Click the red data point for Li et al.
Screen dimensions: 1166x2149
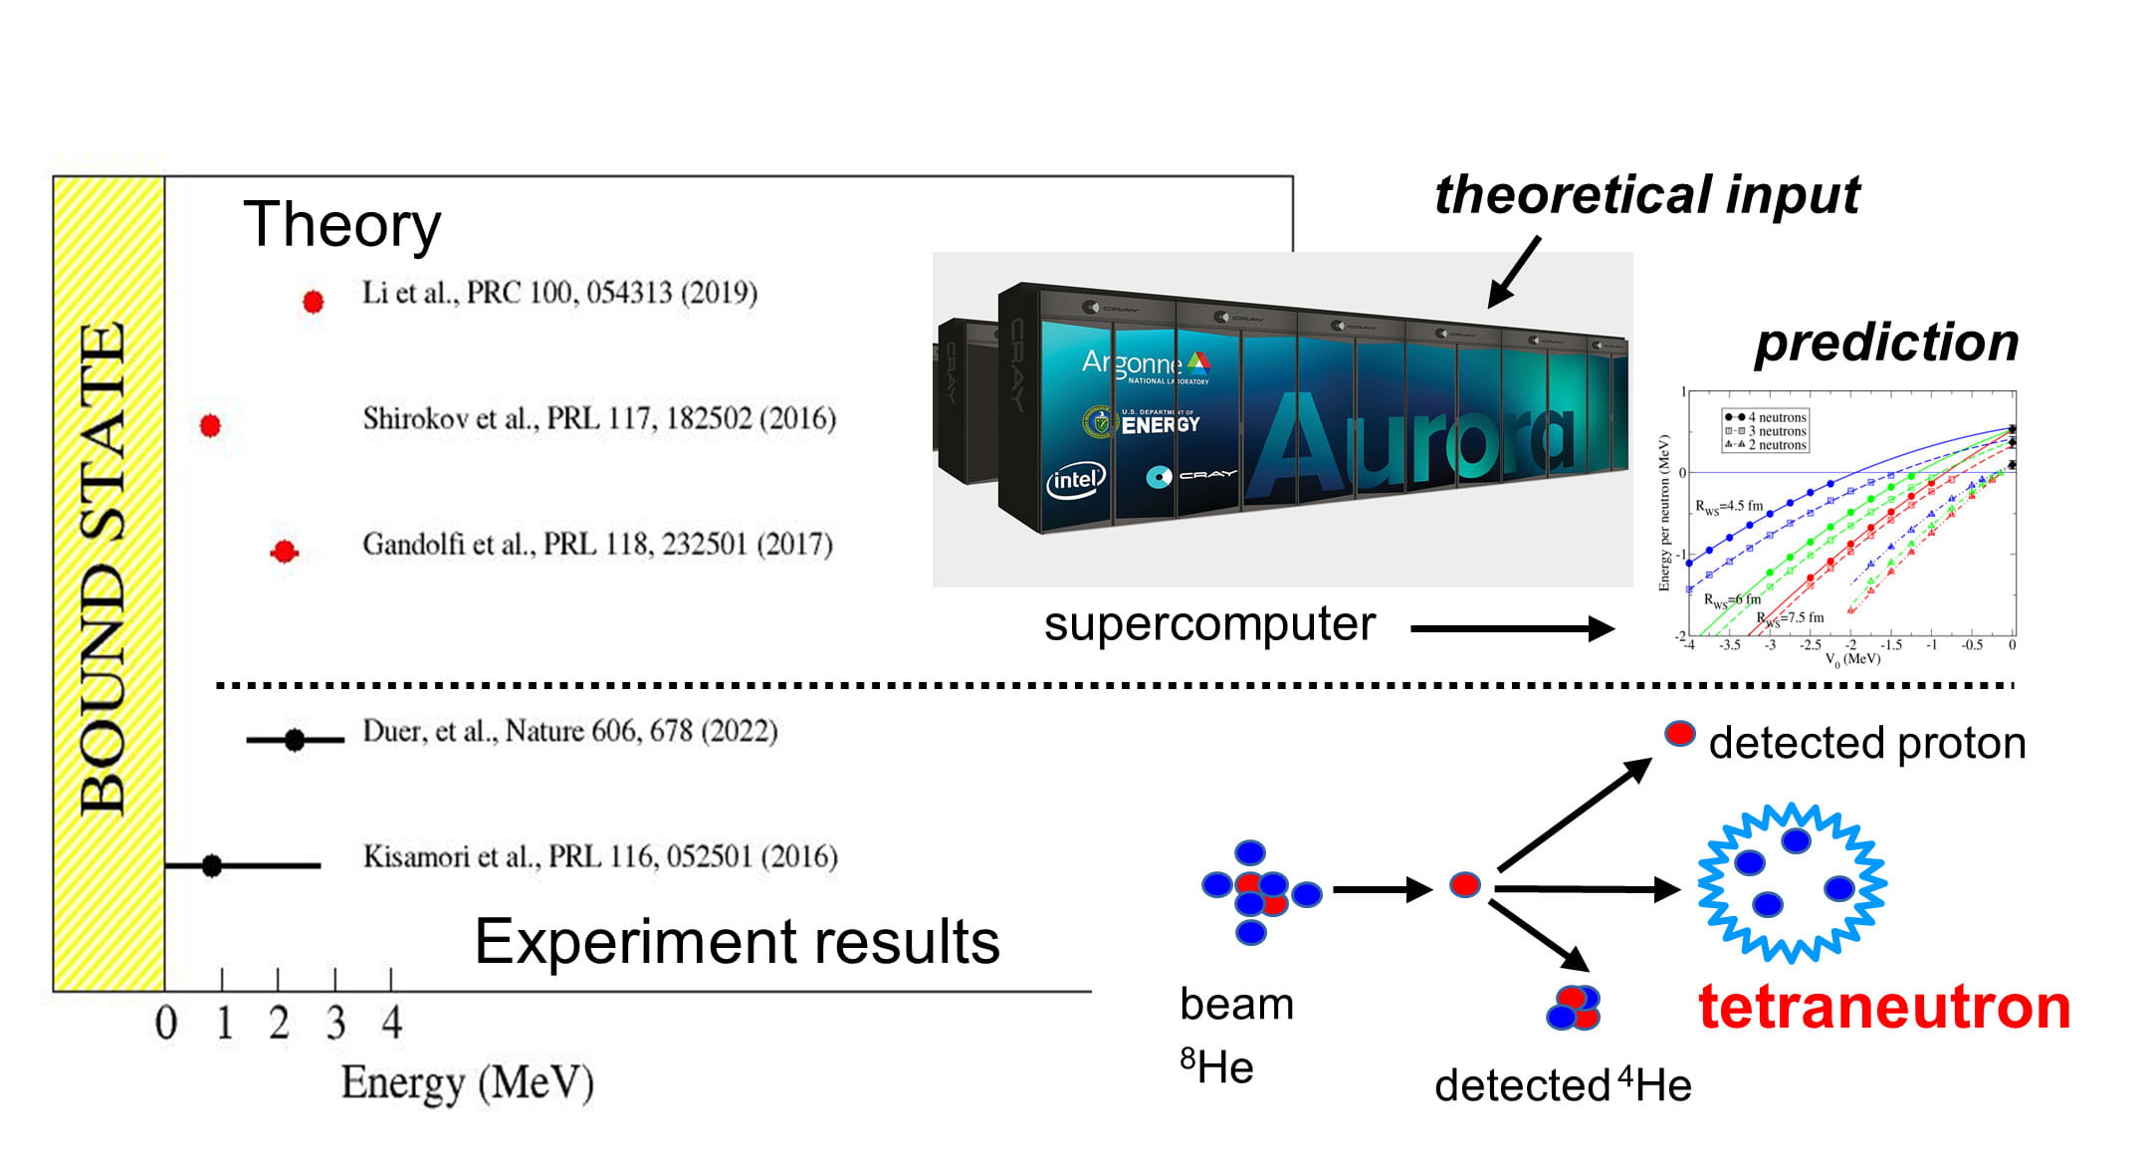(313, 301)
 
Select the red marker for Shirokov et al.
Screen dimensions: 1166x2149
(210, 425)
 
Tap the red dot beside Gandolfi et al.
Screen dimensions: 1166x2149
(285, 551)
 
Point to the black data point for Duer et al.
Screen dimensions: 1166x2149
(295, 740)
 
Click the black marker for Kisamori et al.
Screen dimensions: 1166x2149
(212, 865)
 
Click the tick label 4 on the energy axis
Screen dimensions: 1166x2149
(392, 1023)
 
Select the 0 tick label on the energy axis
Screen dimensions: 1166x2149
(166, 1023)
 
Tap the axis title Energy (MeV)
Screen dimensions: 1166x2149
(467, 1083)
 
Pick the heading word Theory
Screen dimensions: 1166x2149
(341, 225)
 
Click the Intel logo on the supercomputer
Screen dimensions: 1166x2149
(1075, 481)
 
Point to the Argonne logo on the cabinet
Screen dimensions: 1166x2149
(1146, 364)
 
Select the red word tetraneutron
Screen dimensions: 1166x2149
(1883, 1007)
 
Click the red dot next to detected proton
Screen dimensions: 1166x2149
(1680, 735)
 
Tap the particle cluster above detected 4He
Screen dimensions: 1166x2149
(1573, 1007)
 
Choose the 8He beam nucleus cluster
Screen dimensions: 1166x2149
(1259, 892)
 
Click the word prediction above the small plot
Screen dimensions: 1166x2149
(1886, 343)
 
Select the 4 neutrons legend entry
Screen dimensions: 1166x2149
(1768, 417)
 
